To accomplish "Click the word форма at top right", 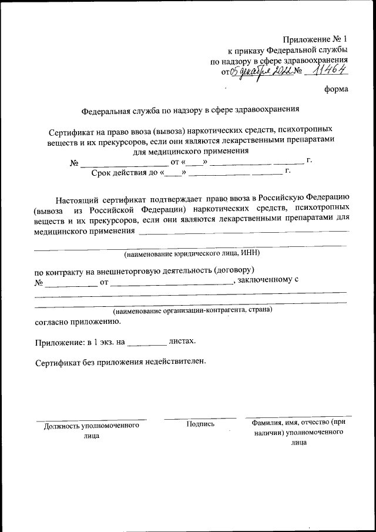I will click(x=336, y=89).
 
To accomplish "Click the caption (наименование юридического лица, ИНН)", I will click(x=191, y=253).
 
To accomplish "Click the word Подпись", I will click(x=200, y=424).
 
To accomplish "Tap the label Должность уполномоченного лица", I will click(x=92, y=430).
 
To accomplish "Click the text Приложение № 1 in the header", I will click(x=315, y=39).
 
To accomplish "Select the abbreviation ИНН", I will click(x=249, y=253).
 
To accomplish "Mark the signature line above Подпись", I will click(x=200, y=418).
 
